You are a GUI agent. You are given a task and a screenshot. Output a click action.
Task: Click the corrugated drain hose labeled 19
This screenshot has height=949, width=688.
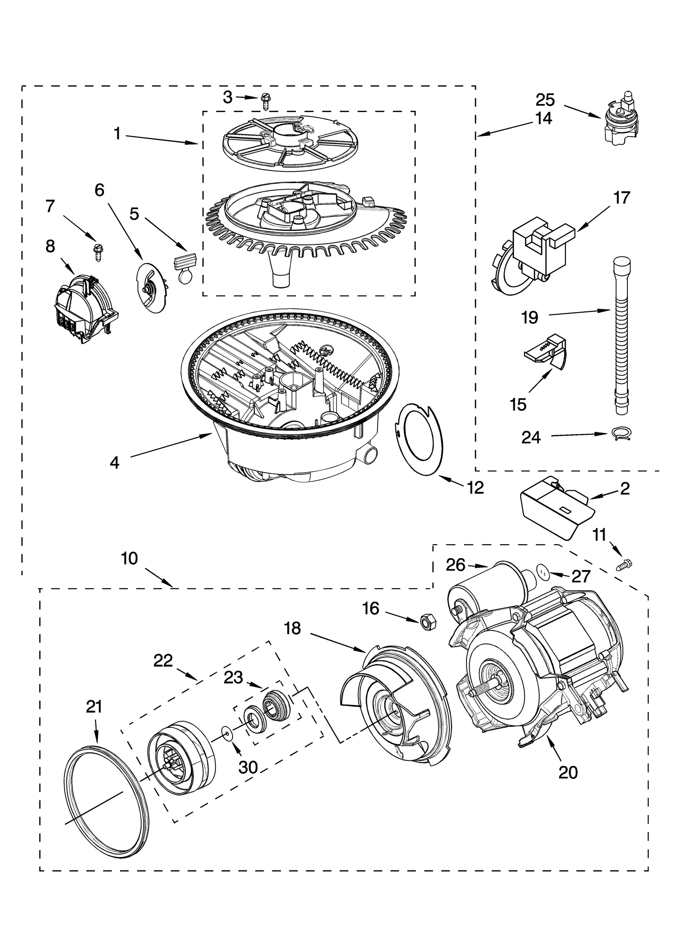click(621, 335)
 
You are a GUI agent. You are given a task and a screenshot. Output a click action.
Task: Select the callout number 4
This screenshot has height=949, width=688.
click(114, 463)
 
